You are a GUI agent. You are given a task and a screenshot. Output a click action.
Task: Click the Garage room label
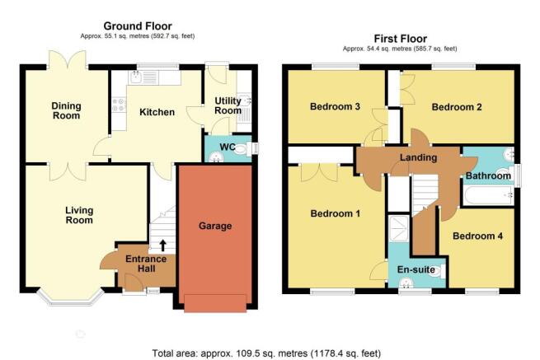[x=215, y=226]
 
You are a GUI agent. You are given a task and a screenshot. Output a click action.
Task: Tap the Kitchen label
[x=157, y=112]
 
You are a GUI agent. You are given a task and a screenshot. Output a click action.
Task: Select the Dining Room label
[x=66, y=110]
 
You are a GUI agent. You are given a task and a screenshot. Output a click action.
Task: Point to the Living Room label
[x=79, y=215]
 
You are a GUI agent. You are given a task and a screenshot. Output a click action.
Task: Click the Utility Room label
[x=228, y=105]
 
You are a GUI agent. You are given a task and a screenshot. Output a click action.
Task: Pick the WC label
[x=228, y=147]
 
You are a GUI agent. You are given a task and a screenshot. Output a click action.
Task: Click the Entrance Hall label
[x=146, y=264]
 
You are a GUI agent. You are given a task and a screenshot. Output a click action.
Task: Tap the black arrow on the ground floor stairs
[x=162, y=245]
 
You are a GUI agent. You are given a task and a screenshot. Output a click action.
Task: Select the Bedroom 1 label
[x=335, y=213]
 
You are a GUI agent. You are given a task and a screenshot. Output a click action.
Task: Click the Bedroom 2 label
[x=456, y=107]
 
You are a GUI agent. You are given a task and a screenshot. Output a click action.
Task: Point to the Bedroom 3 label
[x=335, y=106]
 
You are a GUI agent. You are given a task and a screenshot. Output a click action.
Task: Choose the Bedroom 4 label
[x=477, y=236]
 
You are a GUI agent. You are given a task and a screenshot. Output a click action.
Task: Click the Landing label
[x=418, y=157]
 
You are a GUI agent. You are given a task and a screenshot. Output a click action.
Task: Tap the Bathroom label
[x=488, y=175]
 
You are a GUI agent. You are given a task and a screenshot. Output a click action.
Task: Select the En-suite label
[x=416, y=269]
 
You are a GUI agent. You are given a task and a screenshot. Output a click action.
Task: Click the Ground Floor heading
[x=138, y=26]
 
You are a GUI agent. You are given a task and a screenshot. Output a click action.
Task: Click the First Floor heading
[x=400, y=39]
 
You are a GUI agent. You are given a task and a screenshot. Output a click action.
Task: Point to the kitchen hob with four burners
[x=119, y=105]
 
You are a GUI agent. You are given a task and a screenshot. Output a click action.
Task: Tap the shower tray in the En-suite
[x=398, y=228]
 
